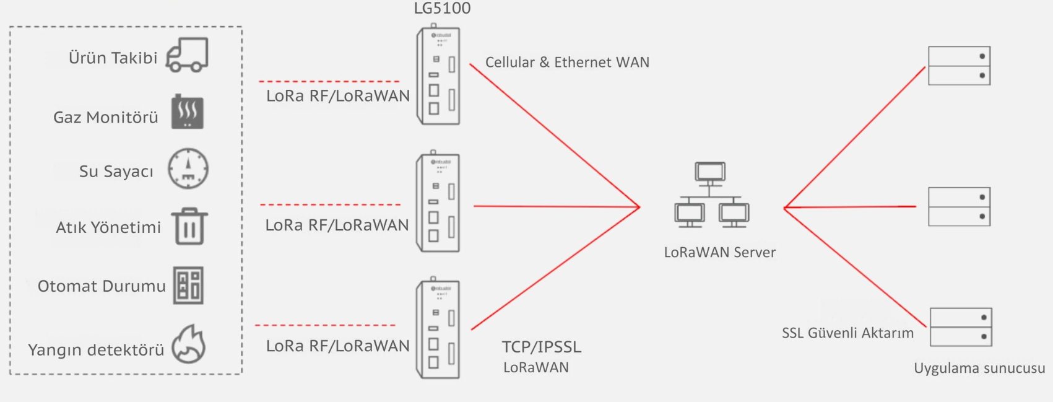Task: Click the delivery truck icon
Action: pos(187,55)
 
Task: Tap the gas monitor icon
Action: pos(188,112)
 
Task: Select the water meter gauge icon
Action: pos(188,168)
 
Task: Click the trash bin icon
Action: pos(189,226)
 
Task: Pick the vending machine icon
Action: pos(188,286)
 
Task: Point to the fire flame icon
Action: pos(188,344)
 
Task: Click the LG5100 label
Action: pos(442,9)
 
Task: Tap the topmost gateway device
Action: pos(438,76)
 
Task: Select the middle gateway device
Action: pos(438,203)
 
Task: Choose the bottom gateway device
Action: pos(438,329)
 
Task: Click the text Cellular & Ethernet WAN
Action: pos(567,63)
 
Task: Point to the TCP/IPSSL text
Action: pos(542,347)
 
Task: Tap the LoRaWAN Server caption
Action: pos(719,253)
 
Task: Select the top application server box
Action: pos(959,66)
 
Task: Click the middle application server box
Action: pos(959,207)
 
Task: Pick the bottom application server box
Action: pos(961,327)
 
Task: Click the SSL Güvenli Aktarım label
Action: pos(847,333)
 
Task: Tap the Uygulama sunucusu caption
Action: pos(979,369)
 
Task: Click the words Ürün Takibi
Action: pos(113,58)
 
